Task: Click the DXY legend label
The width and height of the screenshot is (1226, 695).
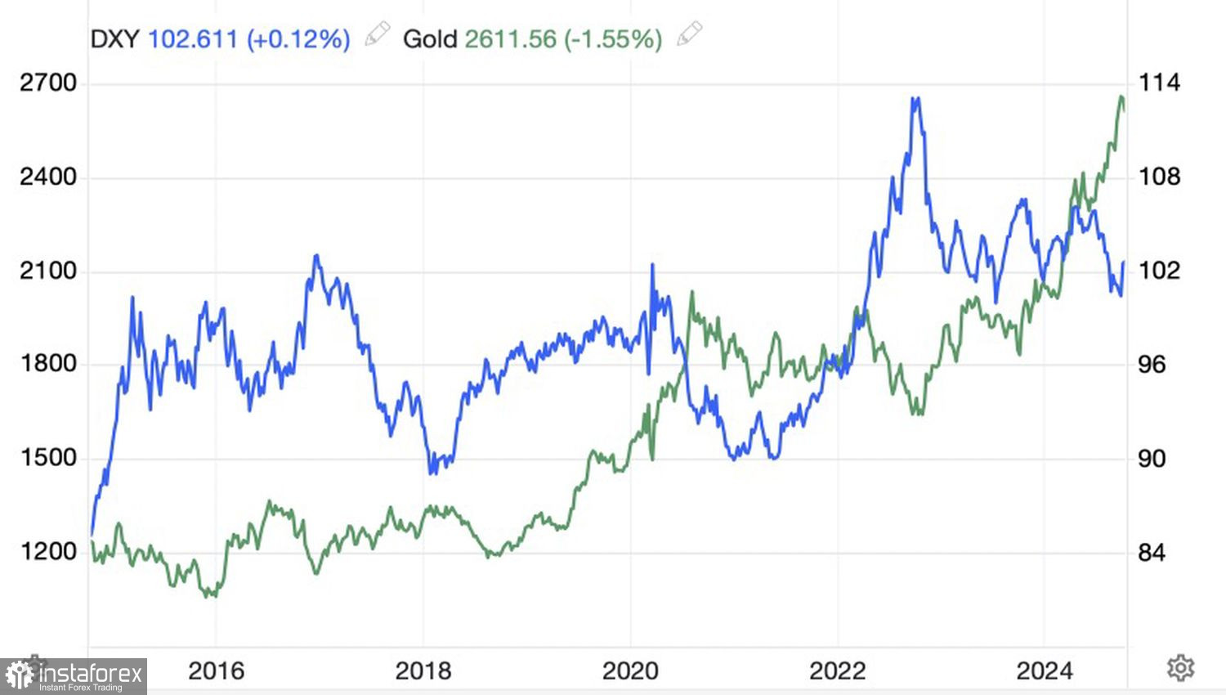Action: tap(114, 38)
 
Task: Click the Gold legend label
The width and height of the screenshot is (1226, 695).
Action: tap(429, 38)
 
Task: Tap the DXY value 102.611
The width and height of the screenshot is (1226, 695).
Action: tap(193, 38)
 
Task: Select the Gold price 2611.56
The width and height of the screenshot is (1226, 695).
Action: tap(510, 38)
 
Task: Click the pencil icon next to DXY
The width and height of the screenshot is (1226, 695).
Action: tap(377, 34)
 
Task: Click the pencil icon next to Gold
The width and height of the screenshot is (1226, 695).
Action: tap(690, 34)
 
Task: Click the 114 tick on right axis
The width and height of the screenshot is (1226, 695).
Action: tap(1159, 83)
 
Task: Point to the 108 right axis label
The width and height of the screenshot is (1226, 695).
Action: tap(1159, 177)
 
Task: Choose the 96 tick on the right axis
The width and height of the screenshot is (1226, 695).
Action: tap(1152, 365)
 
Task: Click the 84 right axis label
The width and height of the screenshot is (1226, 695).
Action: tap(1152, 553)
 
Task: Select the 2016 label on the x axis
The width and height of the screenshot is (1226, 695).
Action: tap(216, 671)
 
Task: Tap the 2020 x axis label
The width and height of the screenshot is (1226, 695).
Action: tap(630, 671)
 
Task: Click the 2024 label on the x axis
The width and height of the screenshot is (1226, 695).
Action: tap(1044, 671)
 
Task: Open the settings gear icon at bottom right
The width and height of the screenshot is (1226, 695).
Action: tap(1179, 668)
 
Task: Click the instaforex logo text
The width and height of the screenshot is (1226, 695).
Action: tap(90, 675)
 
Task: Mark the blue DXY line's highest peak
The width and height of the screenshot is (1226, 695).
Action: tap(916, 99)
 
